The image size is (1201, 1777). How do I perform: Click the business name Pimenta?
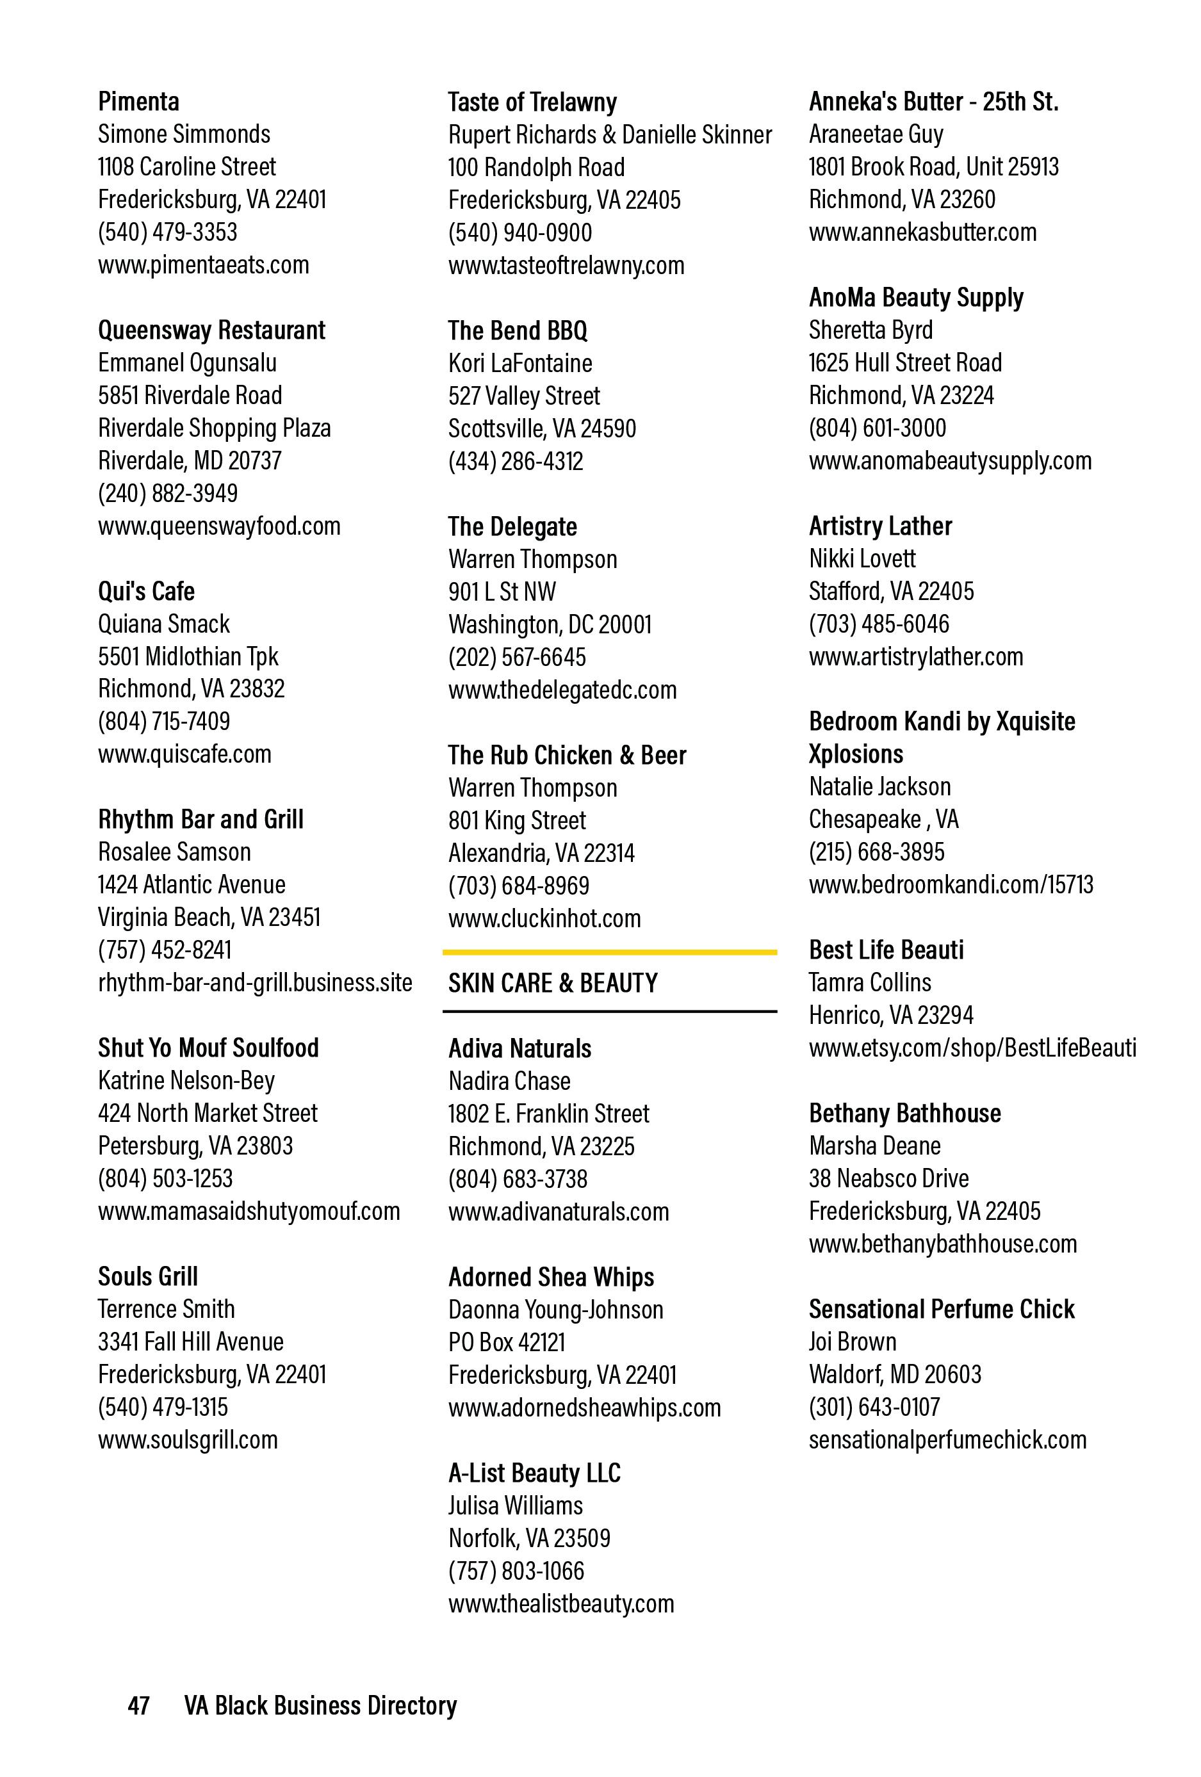tap(138, 102)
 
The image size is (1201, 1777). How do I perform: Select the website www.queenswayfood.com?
tap(219, 526)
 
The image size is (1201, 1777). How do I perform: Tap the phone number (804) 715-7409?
tap(164, 721)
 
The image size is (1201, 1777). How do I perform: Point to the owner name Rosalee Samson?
tap(174, 852)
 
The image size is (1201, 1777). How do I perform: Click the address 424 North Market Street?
tap(208, 1114)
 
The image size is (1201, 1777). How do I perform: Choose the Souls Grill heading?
tap(147, 1276)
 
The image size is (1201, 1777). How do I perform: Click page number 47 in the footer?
tap(138, 1706)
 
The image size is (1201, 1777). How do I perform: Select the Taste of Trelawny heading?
tap(532, 102)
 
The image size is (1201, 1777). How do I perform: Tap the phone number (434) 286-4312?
tap(516, 461)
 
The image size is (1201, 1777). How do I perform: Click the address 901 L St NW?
tap(502, 592)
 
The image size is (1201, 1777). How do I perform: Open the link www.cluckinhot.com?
tap(544, 918)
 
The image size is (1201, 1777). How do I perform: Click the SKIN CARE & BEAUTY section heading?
tap(552, 984)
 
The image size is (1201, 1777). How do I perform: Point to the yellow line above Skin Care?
tap(609, 952)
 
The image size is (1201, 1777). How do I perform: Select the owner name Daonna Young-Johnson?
tap(555, 1310)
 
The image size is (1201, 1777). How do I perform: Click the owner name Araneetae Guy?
tap(876, 134)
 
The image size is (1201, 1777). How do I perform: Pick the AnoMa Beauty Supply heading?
tap(916, 297)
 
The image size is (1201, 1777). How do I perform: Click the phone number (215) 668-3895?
tap(877, 852)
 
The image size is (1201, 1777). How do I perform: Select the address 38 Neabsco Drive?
tap(888, 1178)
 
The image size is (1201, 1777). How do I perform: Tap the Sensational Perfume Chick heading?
tap(941, 1309)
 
